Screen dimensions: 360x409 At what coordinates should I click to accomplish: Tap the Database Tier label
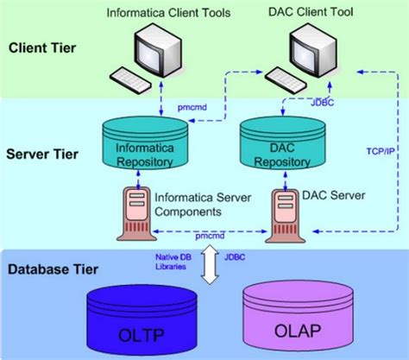[51, 269]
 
